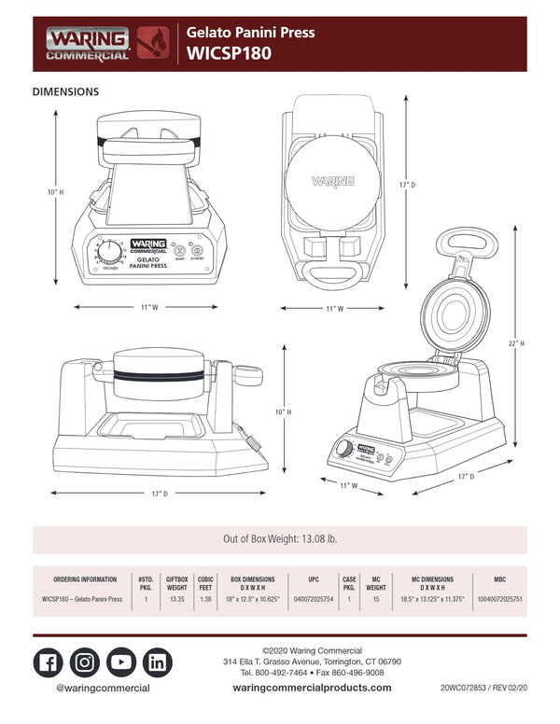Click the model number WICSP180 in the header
229,54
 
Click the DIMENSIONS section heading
65,92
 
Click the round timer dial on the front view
110,252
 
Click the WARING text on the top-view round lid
331,181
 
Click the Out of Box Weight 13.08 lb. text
279,540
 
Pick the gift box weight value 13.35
176,599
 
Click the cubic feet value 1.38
205,599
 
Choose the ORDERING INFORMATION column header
85,578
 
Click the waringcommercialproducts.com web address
312,688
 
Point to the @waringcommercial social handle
103,688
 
